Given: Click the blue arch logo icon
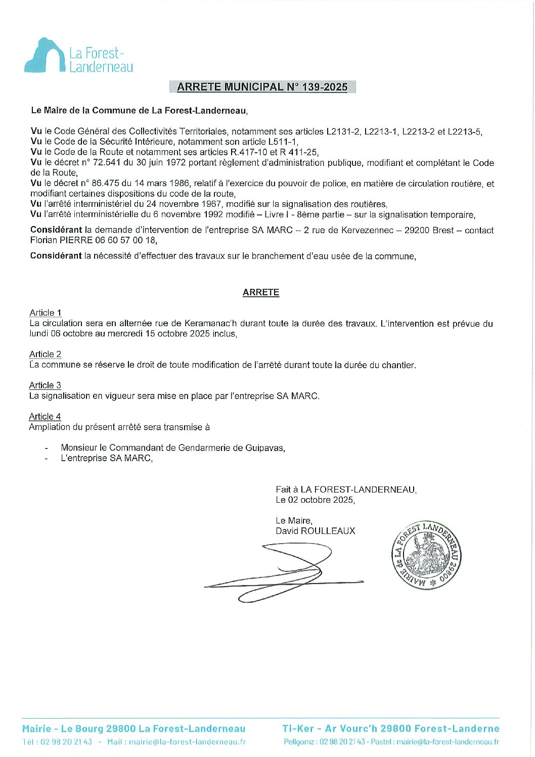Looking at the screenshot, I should point(44,55).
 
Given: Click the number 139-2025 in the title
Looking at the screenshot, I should point(325,87).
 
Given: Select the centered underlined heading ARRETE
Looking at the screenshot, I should point(261,292).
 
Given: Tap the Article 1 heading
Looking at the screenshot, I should point(46,313).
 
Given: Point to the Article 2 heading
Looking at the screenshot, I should point(46,354).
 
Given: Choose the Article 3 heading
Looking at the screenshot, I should point(45,385).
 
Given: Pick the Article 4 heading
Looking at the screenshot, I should point(45,417).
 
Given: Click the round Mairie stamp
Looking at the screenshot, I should point(427,555).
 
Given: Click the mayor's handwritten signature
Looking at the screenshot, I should point(283,571).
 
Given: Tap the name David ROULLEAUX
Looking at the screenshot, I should point(316,531).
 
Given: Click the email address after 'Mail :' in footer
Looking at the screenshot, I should point(187,742).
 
